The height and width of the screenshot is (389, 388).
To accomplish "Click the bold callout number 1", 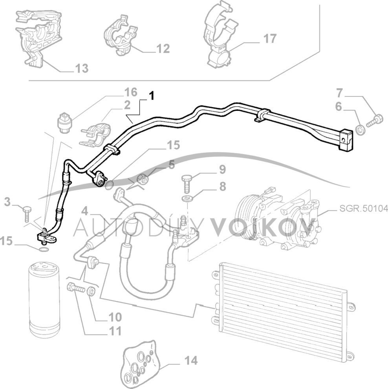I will tap(151, 95).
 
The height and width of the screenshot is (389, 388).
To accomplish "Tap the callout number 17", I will tap(269, 39).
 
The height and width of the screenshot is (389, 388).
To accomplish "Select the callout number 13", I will tap(81, 68).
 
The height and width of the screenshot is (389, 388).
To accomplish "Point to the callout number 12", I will tap(163, 49).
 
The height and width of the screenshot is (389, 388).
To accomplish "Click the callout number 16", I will tap(130, 92).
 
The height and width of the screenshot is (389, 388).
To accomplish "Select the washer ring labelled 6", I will tap(359, 129).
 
